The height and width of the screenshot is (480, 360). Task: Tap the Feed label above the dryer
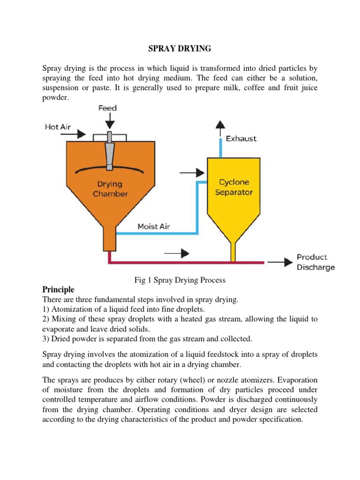pyautogui.click(x=107, y=108)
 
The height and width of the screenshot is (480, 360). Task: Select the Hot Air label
pyautogui.click(x=58, y=126)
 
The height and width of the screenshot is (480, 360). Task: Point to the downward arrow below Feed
pyautogui.click(x=109, y=121)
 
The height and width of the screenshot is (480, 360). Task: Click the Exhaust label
pyautogui.click(x=241, y=139)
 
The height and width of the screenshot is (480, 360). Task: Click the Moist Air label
pyautogui.click(x=154, y=226)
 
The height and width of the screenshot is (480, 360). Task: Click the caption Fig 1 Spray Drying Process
pyautogui.click(x=180, y=280)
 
